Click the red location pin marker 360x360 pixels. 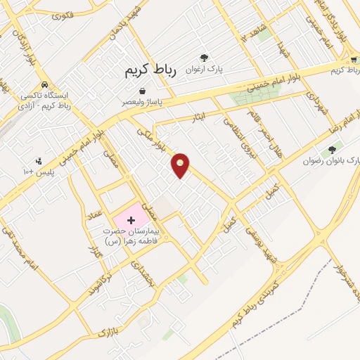181,165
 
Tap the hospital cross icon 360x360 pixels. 131,221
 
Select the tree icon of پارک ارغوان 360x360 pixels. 205,58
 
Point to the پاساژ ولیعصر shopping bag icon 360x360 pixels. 143,91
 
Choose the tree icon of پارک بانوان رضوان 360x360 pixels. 332,150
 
